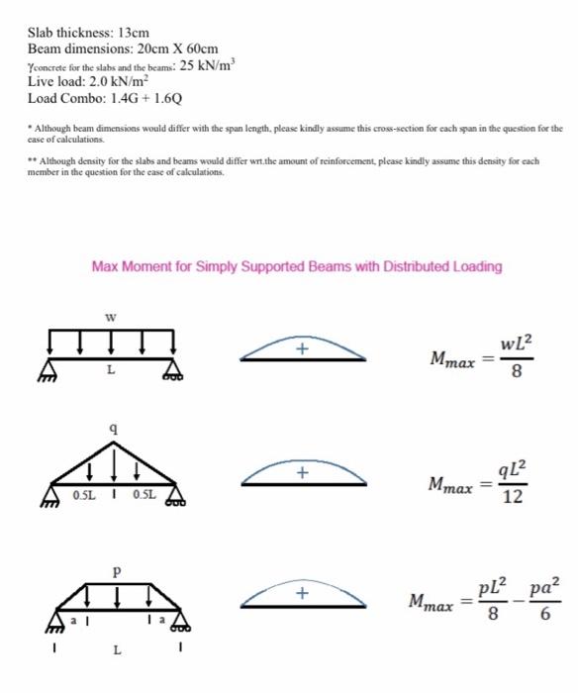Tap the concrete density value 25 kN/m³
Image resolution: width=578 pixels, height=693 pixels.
pyautogui.click(x=210, y=65)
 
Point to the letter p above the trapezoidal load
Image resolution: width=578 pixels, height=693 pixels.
pyautogui.click(x=117, y=571)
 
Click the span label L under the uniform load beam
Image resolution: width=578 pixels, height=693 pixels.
pyautogui.click(x=111, y=371)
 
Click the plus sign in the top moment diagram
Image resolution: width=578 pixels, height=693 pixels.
pyautogui.click(x=305, y=348)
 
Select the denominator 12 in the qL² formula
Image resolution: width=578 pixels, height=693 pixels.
pyautogui.click(x=512, y=498)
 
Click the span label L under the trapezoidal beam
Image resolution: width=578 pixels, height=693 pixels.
pyautogui.click(x=117, y=650)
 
